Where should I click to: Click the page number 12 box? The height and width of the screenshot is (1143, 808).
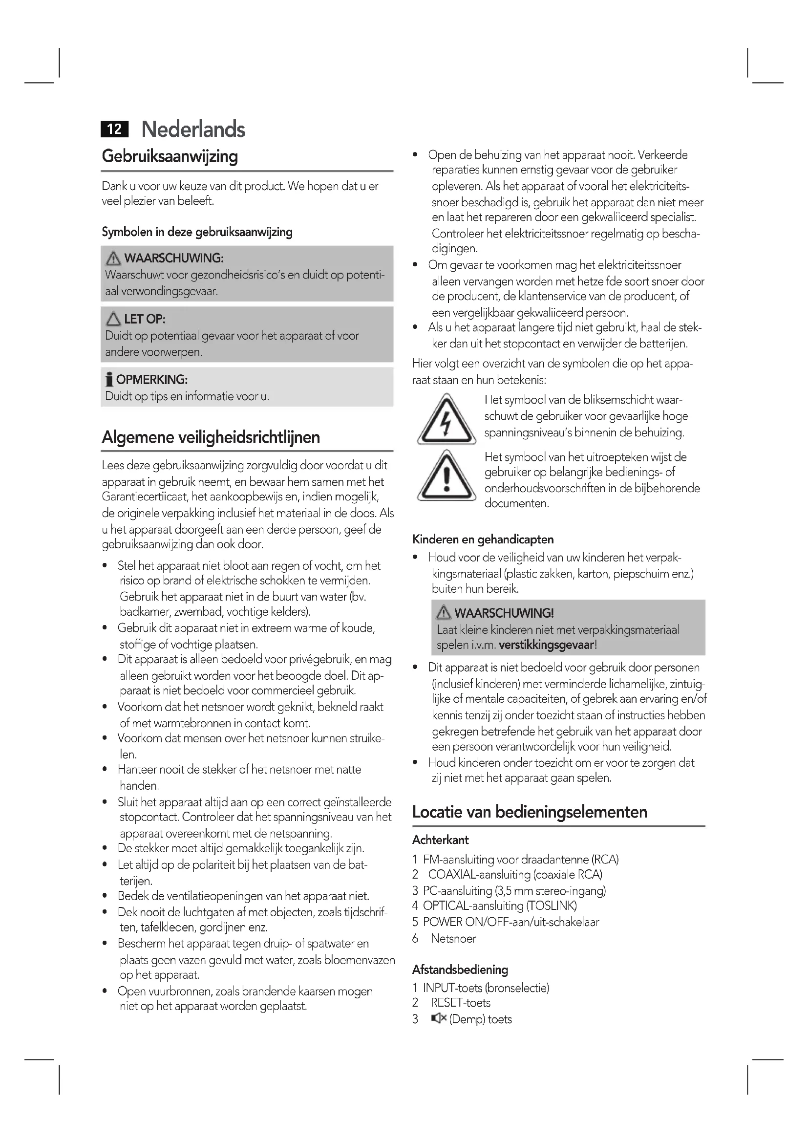114,129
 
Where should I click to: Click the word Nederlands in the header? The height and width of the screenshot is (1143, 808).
193,129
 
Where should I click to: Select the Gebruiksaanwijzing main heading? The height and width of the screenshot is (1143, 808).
170,156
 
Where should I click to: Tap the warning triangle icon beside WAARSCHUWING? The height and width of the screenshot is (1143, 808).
113,259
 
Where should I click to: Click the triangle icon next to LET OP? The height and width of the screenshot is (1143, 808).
113,319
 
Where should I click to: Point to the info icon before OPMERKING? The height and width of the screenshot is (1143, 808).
109,380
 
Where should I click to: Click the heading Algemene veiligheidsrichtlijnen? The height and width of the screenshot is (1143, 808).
211,437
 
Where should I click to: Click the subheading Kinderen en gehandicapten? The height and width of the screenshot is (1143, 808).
483,539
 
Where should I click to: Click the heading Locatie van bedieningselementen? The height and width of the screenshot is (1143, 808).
530,812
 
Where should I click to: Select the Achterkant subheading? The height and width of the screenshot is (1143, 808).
440,841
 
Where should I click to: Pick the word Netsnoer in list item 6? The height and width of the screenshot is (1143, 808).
453,939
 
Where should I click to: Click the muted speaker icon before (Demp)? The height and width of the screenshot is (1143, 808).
438,1019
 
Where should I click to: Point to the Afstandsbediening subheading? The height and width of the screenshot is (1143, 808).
460,970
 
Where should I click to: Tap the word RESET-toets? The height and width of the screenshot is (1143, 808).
460,1003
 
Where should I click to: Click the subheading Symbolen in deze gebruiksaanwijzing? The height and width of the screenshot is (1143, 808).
197,232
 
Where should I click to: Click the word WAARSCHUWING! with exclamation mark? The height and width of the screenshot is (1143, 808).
504,613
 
